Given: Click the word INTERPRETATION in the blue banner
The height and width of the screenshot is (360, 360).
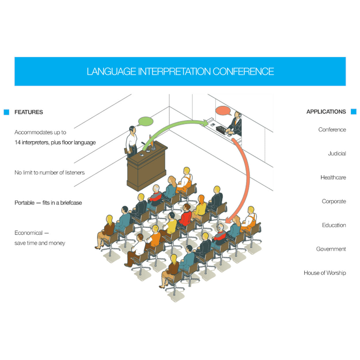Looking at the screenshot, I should [x=174, y=71].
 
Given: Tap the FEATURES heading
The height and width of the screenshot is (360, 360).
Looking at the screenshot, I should [x=29, y=112].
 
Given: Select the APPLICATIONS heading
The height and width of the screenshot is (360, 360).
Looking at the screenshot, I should [x=326, y=111].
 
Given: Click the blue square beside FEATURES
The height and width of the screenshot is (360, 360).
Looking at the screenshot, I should [x=6, y=112].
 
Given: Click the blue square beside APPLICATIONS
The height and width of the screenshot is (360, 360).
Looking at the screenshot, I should [x=353, y=111].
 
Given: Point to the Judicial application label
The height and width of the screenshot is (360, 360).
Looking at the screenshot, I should [x=337, y=154].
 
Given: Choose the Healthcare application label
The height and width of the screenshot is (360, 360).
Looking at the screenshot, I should [x=333, y=177].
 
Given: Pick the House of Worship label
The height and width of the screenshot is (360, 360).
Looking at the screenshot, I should [x=325, y=273].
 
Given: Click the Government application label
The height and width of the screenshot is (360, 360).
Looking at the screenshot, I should [x=331, y=249].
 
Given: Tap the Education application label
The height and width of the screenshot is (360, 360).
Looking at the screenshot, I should [x=334, y=225].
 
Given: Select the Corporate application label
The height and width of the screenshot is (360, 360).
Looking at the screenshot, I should [x=334, y=201].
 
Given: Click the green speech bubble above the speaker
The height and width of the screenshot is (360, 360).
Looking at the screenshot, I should [x=145, y=121].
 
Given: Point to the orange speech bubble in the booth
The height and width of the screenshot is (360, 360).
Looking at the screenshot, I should [x=223, y=111].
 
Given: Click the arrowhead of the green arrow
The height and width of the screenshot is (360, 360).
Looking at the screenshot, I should [x=205, y=123].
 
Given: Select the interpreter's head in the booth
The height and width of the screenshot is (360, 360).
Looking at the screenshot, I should [x=238, y=114].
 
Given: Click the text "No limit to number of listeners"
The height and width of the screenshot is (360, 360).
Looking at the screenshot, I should [x=50, y=173].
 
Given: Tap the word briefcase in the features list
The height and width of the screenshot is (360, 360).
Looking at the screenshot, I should [x=71, y=203].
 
